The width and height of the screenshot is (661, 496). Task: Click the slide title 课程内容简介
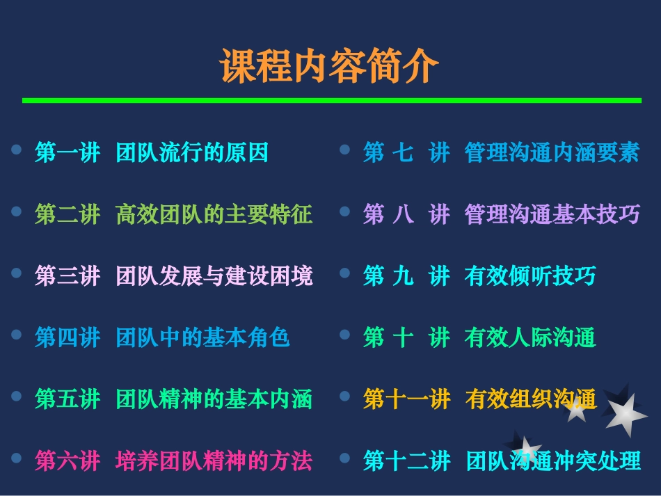point(330,66)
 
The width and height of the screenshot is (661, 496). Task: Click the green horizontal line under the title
point(331,101)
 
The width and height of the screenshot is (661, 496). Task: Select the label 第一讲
point(67,152)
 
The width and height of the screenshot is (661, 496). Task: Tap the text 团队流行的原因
point(192,152)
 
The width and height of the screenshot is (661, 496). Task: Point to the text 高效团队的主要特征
point(214,214)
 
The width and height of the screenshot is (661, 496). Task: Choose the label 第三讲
point(67,276)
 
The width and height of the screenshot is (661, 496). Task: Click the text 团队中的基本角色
point(202,337)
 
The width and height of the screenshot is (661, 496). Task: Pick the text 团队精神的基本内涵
point(214,399)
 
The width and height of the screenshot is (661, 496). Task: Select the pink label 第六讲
point(67,461)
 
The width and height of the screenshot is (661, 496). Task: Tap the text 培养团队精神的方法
point(214,461)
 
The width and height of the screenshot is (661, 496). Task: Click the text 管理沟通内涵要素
point(552,152)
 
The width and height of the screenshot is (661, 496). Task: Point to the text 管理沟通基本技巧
point(552,214)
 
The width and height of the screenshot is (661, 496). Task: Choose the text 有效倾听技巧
point(530,276)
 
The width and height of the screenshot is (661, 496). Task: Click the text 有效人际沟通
point(530,337)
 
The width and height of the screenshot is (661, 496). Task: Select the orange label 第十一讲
point(407,399)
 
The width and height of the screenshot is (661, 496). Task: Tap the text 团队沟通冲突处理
point(554,461)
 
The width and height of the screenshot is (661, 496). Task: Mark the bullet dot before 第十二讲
point(344,458)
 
